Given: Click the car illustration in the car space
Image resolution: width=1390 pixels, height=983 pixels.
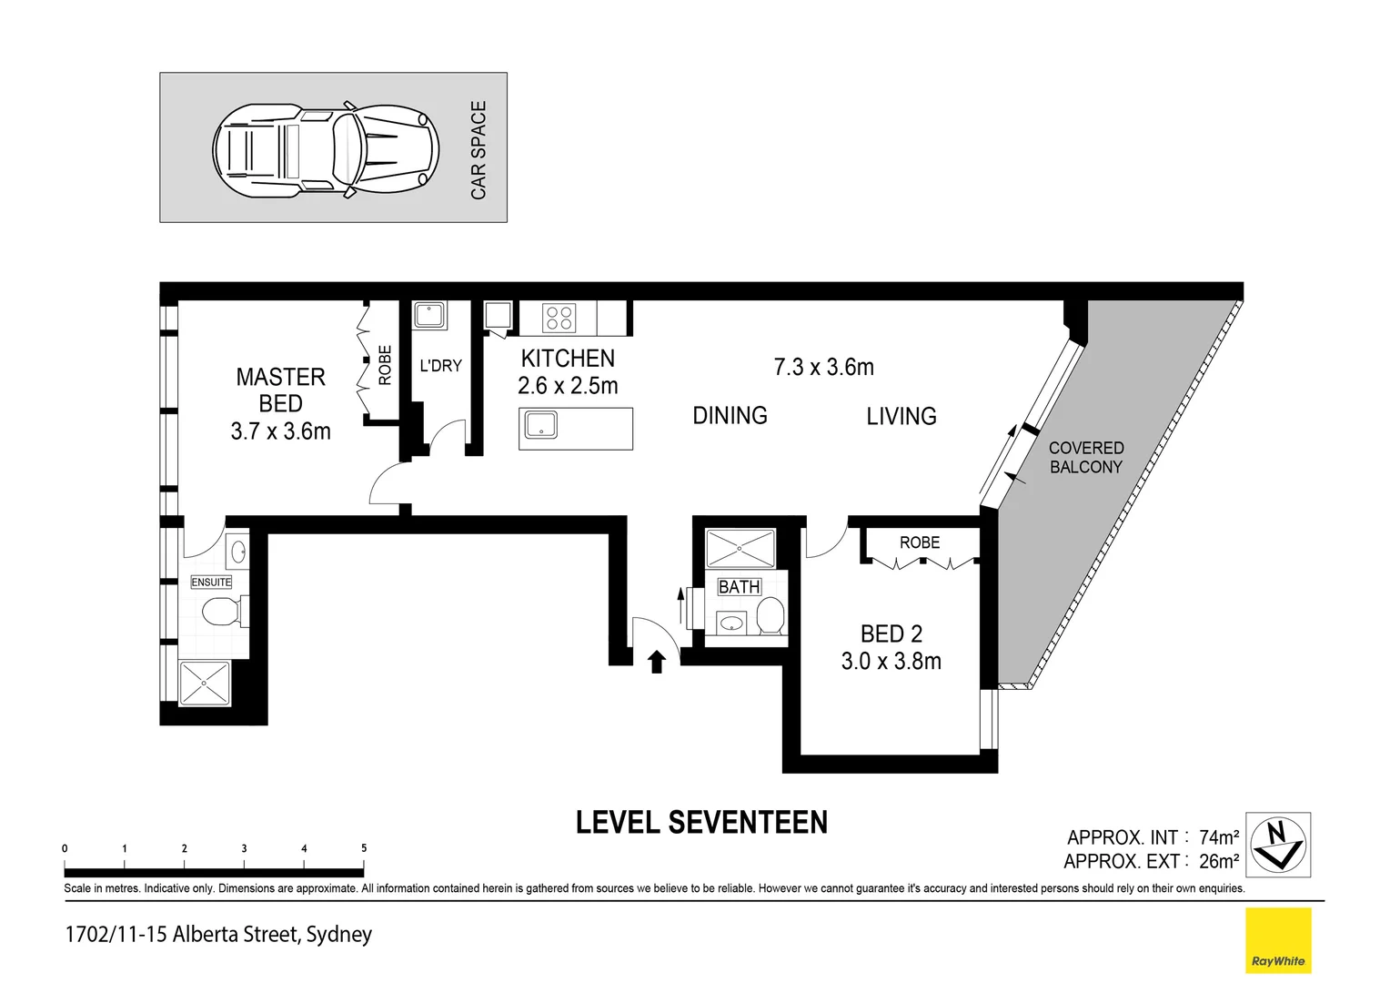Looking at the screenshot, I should coord(326,148).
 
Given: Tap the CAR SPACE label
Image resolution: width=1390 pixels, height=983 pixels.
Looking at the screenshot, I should coord(478,150).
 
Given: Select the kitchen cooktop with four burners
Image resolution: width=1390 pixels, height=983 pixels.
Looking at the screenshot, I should coord(558,318).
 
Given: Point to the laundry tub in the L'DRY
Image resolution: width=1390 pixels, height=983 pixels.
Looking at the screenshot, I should coord(428,316).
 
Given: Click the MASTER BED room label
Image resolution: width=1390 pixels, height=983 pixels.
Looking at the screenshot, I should coord(280,390).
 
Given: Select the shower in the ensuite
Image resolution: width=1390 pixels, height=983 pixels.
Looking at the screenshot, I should coord(206,683).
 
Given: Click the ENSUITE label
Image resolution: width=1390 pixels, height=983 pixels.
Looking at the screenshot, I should coord(211,583).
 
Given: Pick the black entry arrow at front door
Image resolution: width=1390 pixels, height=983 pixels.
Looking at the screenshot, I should coord(656,662).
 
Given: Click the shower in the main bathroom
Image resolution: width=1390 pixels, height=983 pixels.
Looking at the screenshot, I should coord(740,549).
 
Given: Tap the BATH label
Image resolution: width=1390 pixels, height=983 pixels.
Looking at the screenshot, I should coord(739,587).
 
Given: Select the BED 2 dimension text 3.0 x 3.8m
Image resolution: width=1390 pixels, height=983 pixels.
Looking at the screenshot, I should coord(891,662).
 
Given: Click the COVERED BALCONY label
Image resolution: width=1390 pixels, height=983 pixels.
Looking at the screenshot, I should coord(1086,457).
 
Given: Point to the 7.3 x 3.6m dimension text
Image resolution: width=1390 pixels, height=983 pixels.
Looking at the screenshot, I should coord(823,367).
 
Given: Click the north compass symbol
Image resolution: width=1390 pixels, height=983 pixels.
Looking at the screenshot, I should coord(1278,845).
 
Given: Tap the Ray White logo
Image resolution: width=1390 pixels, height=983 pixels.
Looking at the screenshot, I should coord(1278,940).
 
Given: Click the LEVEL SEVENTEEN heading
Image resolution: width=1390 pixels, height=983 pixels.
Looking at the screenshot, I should coord(701,823).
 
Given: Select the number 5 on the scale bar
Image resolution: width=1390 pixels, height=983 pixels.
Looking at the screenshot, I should coord(364,848).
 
